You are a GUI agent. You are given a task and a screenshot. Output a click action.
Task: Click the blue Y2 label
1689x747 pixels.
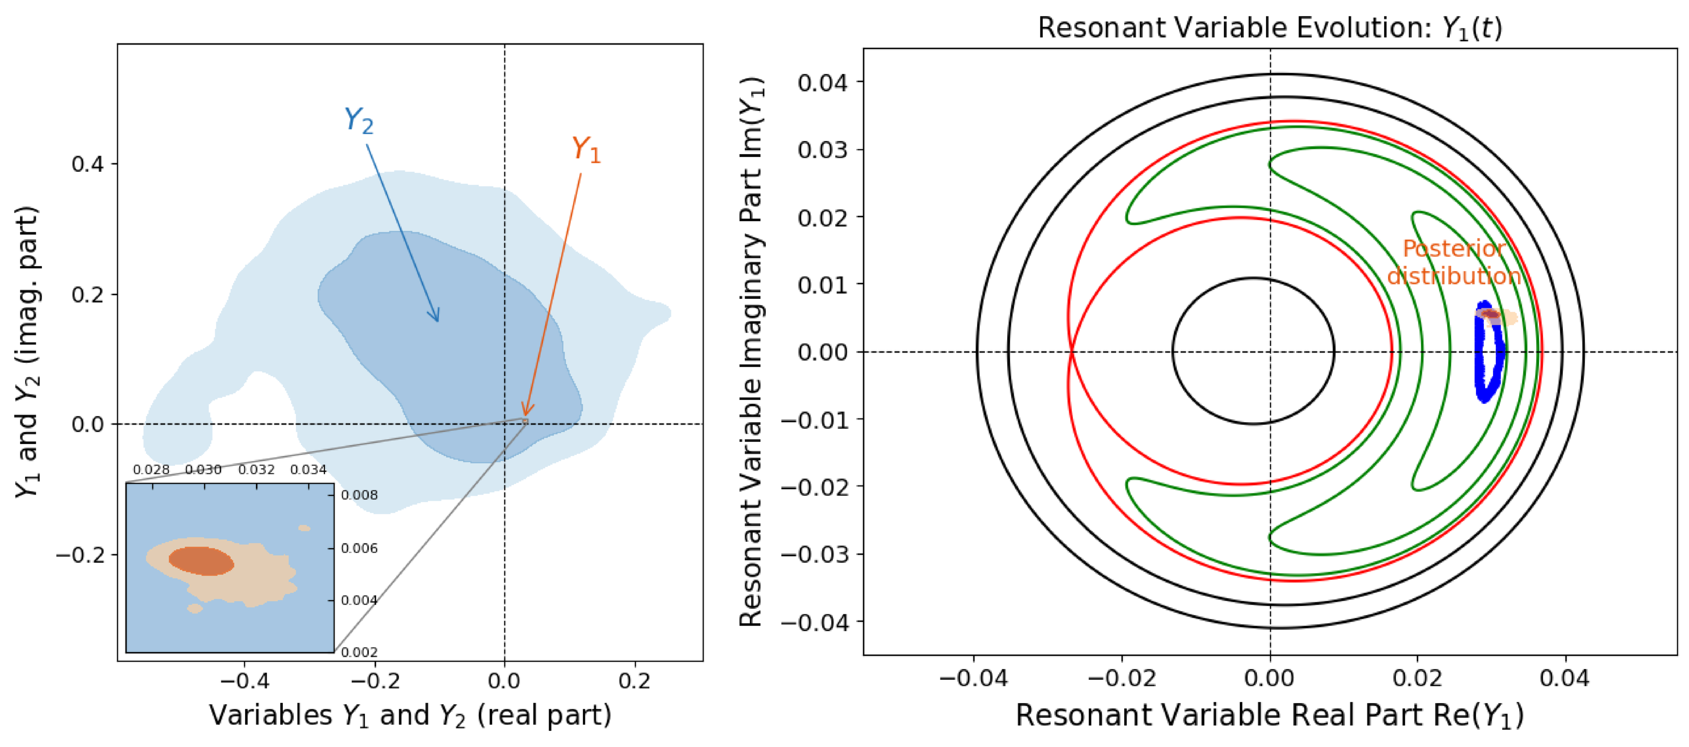359,121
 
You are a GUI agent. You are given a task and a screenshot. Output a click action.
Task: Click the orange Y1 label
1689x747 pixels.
585,150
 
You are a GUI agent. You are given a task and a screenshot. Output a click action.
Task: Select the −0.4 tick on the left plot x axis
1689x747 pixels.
244,681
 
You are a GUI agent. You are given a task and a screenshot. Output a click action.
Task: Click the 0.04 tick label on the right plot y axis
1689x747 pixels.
822,83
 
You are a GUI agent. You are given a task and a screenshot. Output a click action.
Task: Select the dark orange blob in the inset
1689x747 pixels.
201,561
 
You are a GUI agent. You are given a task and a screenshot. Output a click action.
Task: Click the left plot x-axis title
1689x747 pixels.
410,715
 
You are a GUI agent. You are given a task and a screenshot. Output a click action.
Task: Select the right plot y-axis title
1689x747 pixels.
751,353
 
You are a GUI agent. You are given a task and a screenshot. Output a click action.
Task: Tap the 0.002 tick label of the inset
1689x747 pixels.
359,652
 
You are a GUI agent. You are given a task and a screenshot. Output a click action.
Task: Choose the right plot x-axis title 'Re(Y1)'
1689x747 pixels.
1269,715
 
